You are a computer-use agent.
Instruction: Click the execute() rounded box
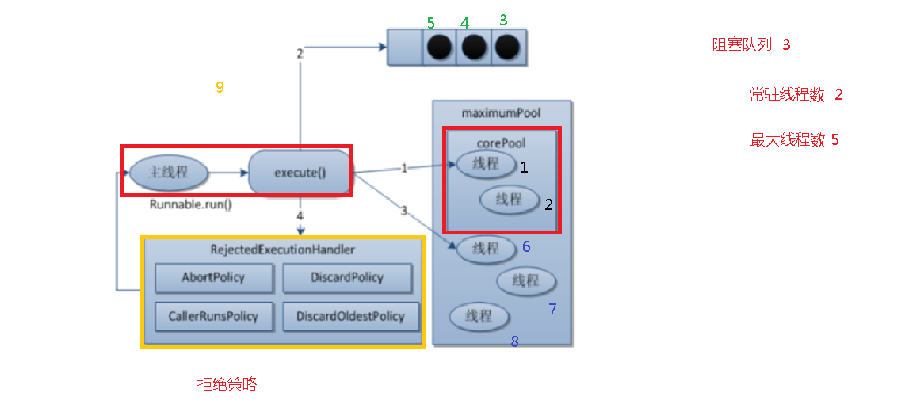click(300, 172)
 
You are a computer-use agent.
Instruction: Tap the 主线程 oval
click(169, 171)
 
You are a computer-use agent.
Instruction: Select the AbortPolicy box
click(213, 278)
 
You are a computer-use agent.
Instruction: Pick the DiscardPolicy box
click(347, 278)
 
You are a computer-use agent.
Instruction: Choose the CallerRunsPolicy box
click(213, 316)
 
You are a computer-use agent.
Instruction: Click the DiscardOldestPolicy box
click(350, 316)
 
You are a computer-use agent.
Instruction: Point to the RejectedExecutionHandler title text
click(282, 250)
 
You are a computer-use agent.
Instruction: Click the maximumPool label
click(501, 113)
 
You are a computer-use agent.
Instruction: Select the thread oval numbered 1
click(486, 165)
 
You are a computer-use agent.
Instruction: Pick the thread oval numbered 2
click(510, 199)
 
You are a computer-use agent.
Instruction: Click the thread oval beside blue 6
click(486, 248)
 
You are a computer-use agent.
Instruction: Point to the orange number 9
click(220, 87)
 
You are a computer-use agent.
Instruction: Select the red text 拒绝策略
click(227, 384)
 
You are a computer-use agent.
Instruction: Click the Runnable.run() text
click(191, 204)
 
